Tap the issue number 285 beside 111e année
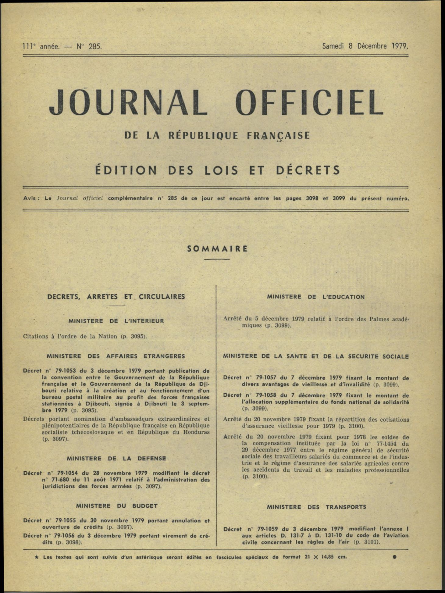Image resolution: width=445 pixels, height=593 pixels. pos(95,47)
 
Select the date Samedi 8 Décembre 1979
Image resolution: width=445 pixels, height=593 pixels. pos(365,46)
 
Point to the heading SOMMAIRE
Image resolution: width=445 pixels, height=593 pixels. pos(217,249)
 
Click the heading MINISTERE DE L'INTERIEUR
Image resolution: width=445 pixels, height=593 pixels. pos(116,321)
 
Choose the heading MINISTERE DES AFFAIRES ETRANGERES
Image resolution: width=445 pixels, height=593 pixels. pos(116,356)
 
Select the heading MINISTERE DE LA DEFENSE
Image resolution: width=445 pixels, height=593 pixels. pos(116,459)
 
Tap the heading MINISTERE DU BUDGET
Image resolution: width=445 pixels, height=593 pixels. pos(117,506)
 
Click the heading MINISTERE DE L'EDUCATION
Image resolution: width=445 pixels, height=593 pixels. pos(315,297)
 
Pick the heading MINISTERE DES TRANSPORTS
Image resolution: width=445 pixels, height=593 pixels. pos(316,507)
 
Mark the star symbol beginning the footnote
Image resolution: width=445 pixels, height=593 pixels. pos(37,557)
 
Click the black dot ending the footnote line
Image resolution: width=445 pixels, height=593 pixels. pos(394,557)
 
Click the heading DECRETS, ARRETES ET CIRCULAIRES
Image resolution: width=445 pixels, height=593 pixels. pos(116,297)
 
